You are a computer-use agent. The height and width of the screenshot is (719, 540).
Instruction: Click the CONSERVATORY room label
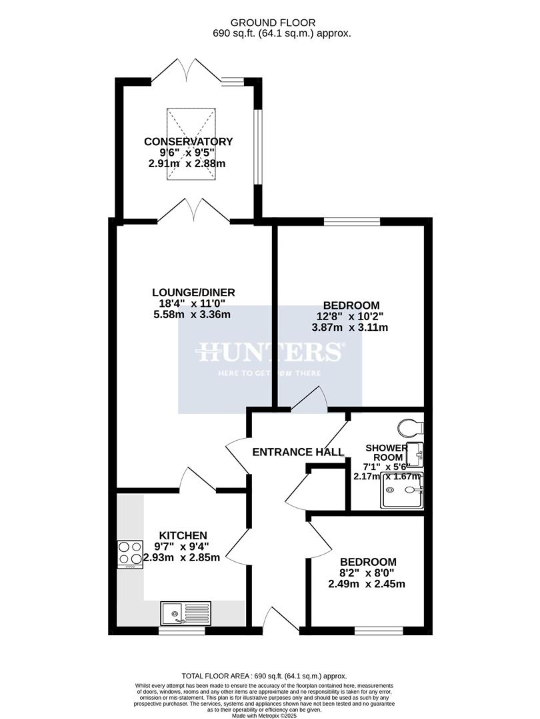[189, 141]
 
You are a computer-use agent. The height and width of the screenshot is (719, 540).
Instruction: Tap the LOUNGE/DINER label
[193, 292]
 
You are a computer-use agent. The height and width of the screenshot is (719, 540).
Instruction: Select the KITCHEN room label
[183, 535]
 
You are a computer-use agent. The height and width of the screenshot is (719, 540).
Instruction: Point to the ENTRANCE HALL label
[298, 452]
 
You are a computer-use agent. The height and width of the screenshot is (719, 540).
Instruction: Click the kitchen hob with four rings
[130, 553]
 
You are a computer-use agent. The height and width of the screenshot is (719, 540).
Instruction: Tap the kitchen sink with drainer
[185, 612]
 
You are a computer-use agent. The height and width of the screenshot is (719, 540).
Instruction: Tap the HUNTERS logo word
[270, 352]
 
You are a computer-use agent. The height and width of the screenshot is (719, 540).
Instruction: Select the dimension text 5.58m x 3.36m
[192, 314]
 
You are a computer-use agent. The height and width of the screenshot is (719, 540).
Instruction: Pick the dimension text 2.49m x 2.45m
[367, 584]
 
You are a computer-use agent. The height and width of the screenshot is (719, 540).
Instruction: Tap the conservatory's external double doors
[190, 69]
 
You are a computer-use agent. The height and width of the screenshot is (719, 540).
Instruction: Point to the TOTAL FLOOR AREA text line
[269, 675]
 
